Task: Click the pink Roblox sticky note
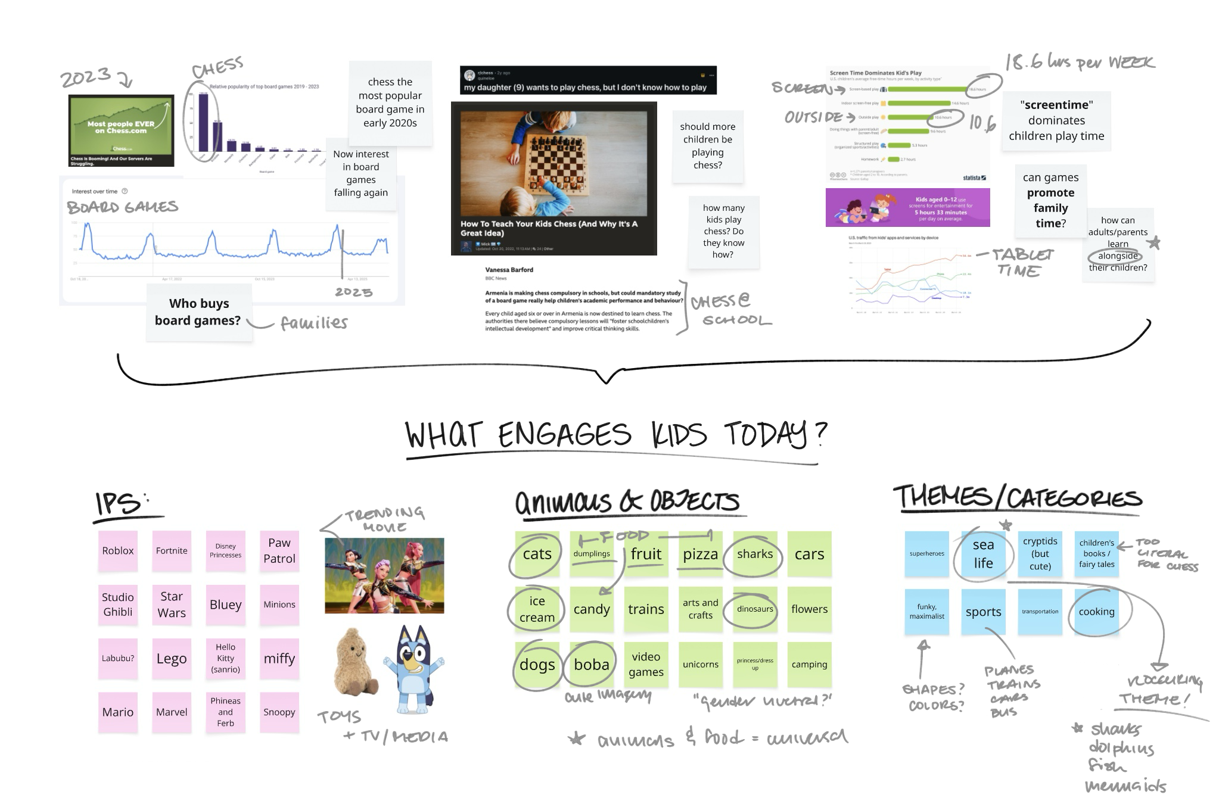pyautogui.click(x=118, y=551)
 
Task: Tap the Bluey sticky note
pyautogui.click(x=226, y=605)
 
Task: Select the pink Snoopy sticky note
pyautogui.click(x=279, y=712)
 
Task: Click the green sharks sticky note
pyautogui.click(x=755, y=554)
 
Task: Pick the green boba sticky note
pyautogui.click(x=592, y=665)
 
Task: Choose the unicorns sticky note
pyautogui.click(x=701, y=665)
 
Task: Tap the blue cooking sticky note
pyautogui.click(x=1096, y=612)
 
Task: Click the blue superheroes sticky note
pyautogui.click(x=926, y=554)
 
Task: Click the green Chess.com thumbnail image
pyautogui.click(x=122, y=130)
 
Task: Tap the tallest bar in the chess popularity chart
pyautogui.click(x=203, y=122)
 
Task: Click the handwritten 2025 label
pyautogui.click(x=354, y=292)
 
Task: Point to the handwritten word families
pyautogui.click(x=314, y=323)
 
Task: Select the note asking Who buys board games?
pyautogui.click(x=198, y=312)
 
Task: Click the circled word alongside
pyautogui.click(x=1118, y=256)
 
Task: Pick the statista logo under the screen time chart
pyautogui.click(x=974, y=178)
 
